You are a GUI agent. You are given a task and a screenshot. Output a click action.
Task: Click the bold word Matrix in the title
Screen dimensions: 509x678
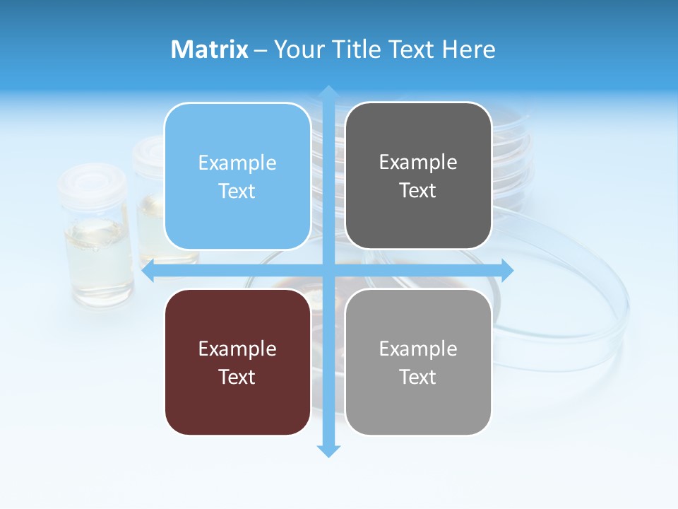pos(210,49)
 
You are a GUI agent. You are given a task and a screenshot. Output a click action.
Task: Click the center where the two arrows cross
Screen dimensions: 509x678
pos(328,271)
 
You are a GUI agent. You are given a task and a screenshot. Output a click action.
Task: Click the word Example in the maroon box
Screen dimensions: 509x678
pos(237,349)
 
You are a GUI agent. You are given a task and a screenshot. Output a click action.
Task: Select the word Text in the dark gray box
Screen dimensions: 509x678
pos(418,191)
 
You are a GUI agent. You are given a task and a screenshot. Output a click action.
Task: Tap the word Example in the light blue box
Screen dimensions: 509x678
pos(237,163)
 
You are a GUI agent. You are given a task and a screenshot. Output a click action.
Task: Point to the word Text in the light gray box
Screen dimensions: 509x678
pos(418,377)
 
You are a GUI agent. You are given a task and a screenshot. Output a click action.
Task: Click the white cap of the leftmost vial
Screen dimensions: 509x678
pos(94,180)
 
